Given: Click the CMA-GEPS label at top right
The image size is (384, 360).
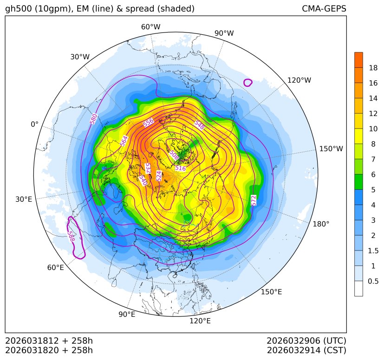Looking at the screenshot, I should [x=324, y=9].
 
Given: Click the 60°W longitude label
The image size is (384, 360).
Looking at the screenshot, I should [x=150, y=27].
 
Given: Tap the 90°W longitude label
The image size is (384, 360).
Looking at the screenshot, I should [x=224, y=33].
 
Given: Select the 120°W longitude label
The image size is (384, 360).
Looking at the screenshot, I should [x=299, y=80].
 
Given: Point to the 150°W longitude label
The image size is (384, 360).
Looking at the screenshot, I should [x=331, y=149].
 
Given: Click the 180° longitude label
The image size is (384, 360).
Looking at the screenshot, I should [x=321, y=224].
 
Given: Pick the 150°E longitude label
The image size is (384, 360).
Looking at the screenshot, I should [x=271, y=292].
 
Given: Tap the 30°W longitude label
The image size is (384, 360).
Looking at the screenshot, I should [x=80, y=57].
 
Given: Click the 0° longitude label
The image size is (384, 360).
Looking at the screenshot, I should [x=34, y=124].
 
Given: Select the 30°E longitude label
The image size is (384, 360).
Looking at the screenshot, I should [x=24, y=199].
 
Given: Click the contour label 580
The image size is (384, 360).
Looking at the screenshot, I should [x=94, y=119].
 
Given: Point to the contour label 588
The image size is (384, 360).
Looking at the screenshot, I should [x=71, y=236].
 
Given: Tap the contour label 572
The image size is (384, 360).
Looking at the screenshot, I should [x=254, y=200].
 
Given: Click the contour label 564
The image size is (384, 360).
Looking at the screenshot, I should [x=124, y=141].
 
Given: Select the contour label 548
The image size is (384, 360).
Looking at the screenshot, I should [x=200, y=124].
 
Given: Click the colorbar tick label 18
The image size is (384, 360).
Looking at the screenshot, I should [x=373, y=68].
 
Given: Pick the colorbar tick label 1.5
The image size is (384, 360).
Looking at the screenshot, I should [x=373, y=251].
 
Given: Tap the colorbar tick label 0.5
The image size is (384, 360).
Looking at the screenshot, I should [x=373, y=281].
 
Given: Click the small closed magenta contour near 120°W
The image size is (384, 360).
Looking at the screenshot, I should [x=248, y=83].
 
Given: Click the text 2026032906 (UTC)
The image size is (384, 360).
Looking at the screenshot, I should [x=306, y=341].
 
